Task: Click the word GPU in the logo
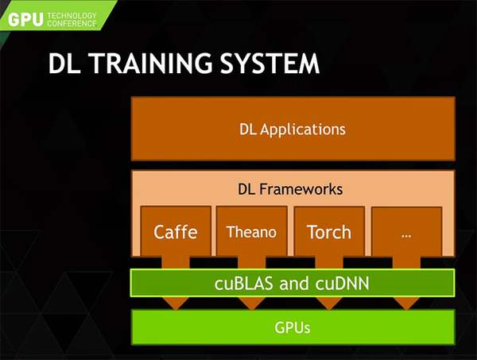pyautogui.click(x=25, y=20)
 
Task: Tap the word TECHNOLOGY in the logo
pyautogui.click(x=72, y=16)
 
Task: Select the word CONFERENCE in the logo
pyautogui.click(x=72, y=23)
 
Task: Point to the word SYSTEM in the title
pyautogui.click(x=270, y=64)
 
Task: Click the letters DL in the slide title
pyautogui.click(x=64, y=64)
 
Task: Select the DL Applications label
pyautogui.click(x=293, y=130)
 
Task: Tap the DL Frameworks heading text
pyautogui.click(x=290, y=189)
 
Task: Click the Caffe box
pyautogui.click(x=176, y=231)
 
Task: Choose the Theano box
pyautogui.click(x=251, y=231)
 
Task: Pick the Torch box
pyautogui.click(x=329, y=231)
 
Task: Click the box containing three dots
pyautogui.click(x=407, y=232)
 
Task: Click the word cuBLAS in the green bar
pyautogui.click(x=244, y=284)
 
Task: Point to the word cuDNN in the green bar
pyautogui.click(x=342, y=284)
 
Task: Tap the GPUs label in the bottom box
pyautogui.click(x=293, y=327)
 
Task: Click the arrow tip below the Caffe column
pyautogui.click(x=176, y=310)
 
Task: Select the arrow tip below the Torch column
pyautogui.click(x=329, y=310)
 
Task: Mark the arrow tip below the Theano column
pyautogui.click(x=252, y=310)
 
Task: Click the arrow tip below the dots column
pyautogui.click(x=407, y=310)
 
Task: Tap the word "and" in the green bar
pyautogui.click(x=294, y=284)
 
